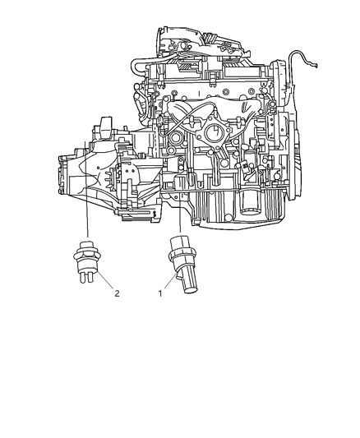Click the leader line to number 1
tap(165, 284)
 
